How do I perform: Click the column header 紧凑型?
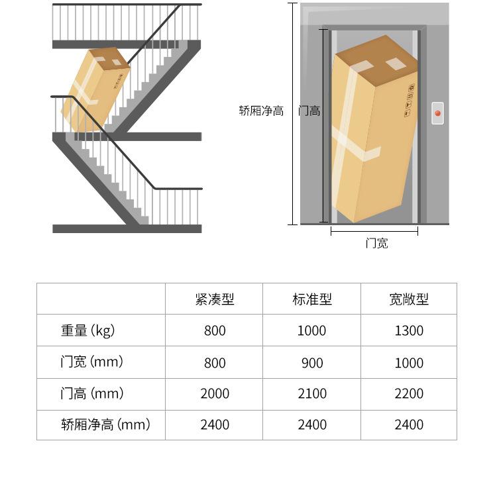[215, 299]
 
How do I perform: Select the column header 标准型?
[311, 299]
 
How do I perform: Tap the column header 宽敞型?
[409, 299]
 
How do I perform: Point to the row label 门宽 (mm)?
[91, 362]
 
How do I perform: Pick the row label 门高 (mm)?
[91, 393]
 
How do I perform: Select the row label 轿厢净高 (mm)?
[105, 424]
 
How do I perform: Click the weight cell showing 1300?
[409, 330]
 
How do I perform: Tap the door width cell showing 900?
[311, 362]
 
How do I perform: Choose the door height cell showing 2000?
[215, 393]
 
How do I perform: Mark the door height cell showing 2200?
[409, 393]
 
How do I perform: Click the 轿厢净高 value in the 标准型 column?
[311, 424]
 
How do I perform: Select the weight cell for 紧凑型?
[215, 330]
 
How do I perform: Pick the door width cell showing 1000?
[409, 362]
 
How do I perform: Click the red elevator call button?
[437, 113]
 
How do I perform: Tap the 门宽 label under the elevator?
[376, 243]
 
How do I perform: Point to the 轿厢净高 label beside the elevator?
[261, 111]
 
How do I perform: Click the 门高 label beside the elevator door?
[309, 111]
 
